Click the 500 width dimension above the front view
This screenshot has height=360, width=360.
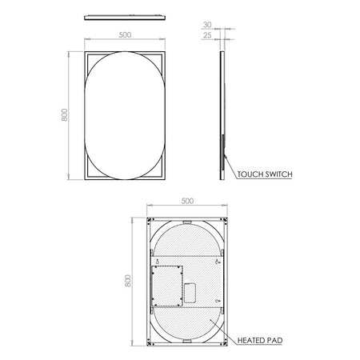coord(125,35)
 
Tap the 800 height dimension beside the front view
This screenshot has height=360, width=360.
coord(65,115)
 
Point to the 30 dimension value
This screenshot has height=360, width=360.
coord(207,25)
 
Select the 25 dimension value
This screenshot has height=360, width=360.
coord(207,35)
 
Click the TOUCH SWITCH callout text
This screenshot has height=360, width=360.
coord(265,174)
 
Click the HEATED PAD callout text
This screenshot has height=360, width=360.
coord(260,341)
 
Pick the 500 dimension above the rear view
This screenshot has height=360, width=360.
coord(187,201)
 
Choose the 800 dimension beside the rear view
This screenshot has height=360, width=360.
coord(128,281)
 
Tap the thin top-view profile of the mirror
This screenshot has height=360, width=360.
coord(125,18)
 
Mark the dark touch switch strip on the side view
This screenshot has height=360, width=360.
coord(222,152)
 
